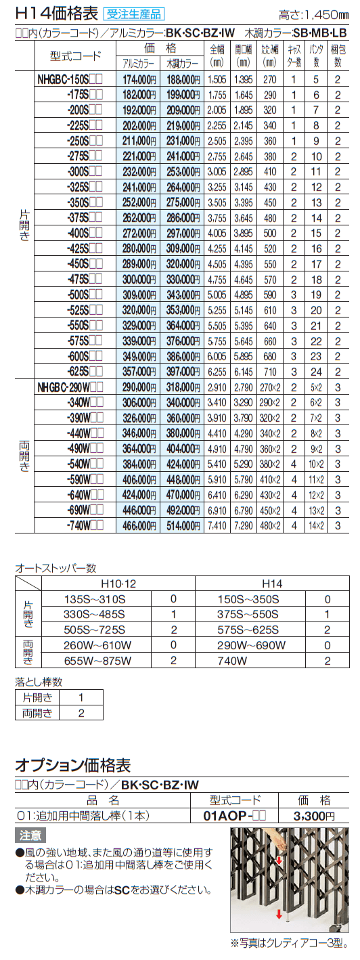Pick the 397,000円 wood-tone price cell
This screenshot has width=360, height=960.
point(181,371)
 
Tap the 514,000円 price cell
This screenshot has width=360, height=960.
point(181,525)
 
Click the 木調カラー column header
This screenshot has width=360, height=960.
point(181,63)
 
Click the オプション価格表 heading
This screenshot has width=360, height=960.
point(73,765)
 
